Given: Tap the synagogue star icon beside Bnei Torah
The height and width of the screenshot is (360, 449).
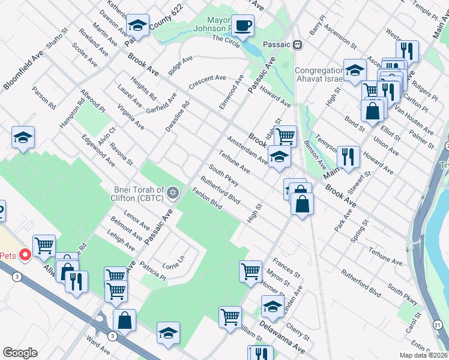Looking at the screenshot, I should click(173, 192).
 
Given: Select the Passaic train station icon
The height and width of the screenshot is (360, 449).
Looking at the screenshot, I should click(297, 45).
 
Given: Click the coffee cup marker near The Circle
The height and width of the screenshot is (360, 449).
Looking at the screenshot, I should click(243, 26).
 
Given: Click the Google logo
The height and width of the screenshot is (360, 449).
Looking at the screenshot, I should click(20, 352).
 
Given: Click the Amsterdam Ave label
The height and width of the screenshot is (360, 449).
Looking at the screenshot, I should click(247, 149).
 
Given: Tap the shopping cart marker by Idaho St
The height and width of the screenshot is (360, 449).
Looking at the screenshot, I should click(285, 136).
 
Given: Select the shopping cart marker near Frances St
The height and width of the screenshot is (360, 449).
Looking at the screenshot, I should click(250, 271).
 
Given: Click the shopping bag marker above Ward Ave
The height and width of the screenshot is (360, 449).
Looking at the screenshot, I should click(124, 319).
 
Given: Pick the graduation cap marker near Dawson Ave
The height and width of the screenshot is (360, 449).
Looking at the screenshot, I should click(137, 26).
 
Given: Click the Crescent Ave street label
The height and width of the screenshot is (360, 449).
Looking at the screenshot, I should click(207, 81).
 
